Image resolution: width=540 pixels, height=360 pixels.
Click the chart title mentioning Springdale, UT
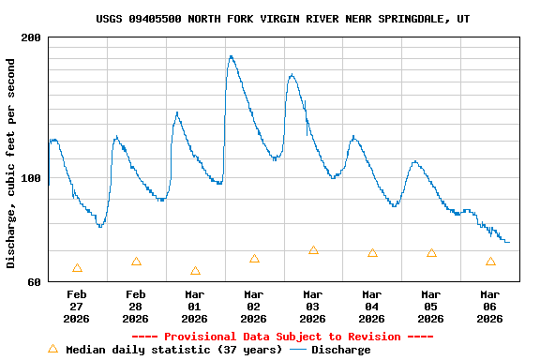pos(282,19)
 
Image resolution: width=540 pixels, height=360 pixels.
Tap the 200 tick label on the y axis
pos(31,37)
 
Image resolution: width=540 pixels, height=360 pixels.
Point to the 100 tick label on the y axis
pos(31,177)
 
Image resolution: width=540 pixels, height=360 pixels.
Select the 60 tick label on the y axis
pos(34,281)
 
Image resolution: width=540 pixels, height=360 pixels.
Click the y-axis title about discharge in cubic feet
pos(11,163)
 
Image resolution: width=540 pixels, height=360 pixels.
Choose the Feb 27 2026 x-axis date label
pos(77,306)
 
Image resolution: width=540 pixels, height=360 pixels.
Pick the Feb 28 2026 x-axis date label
pos(136,306)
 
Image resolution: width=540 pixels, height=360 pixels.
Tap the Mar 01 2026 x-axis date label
pos(195,306)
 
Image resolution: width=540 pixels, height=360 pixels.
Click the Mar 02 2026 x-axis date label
pos(254,306)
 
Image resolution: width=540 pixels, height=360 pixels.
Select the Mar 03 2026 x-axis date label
pos(313,306)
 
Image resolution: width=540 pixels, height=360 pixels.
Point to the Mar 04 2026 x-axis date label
pos(372,306)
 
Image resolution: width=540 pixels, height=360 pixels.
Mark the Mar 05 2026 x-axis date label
pos(431,306)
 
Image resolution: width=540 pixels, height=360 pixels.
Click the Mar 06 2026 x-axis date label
pos(490,306)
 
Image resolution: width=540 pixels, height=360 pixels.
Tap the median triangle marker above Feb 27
pos(77,268)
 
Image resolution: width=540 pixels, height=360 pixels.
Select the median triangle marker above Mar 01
pos(195,271)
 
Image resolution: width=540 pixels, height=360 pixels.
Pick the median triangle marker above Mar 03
pos(313,250)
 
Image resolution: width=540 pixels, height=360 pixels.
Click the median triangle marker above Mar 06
pos(490,262)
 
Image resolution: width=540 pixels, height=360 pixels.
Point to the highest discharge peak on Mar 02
pos(231,56)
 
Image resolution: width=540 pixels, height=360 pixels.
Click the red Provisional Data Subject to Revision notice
pos(282,337)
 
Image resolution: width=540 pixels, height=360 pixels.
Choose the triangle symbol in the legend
pos(52,349)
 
